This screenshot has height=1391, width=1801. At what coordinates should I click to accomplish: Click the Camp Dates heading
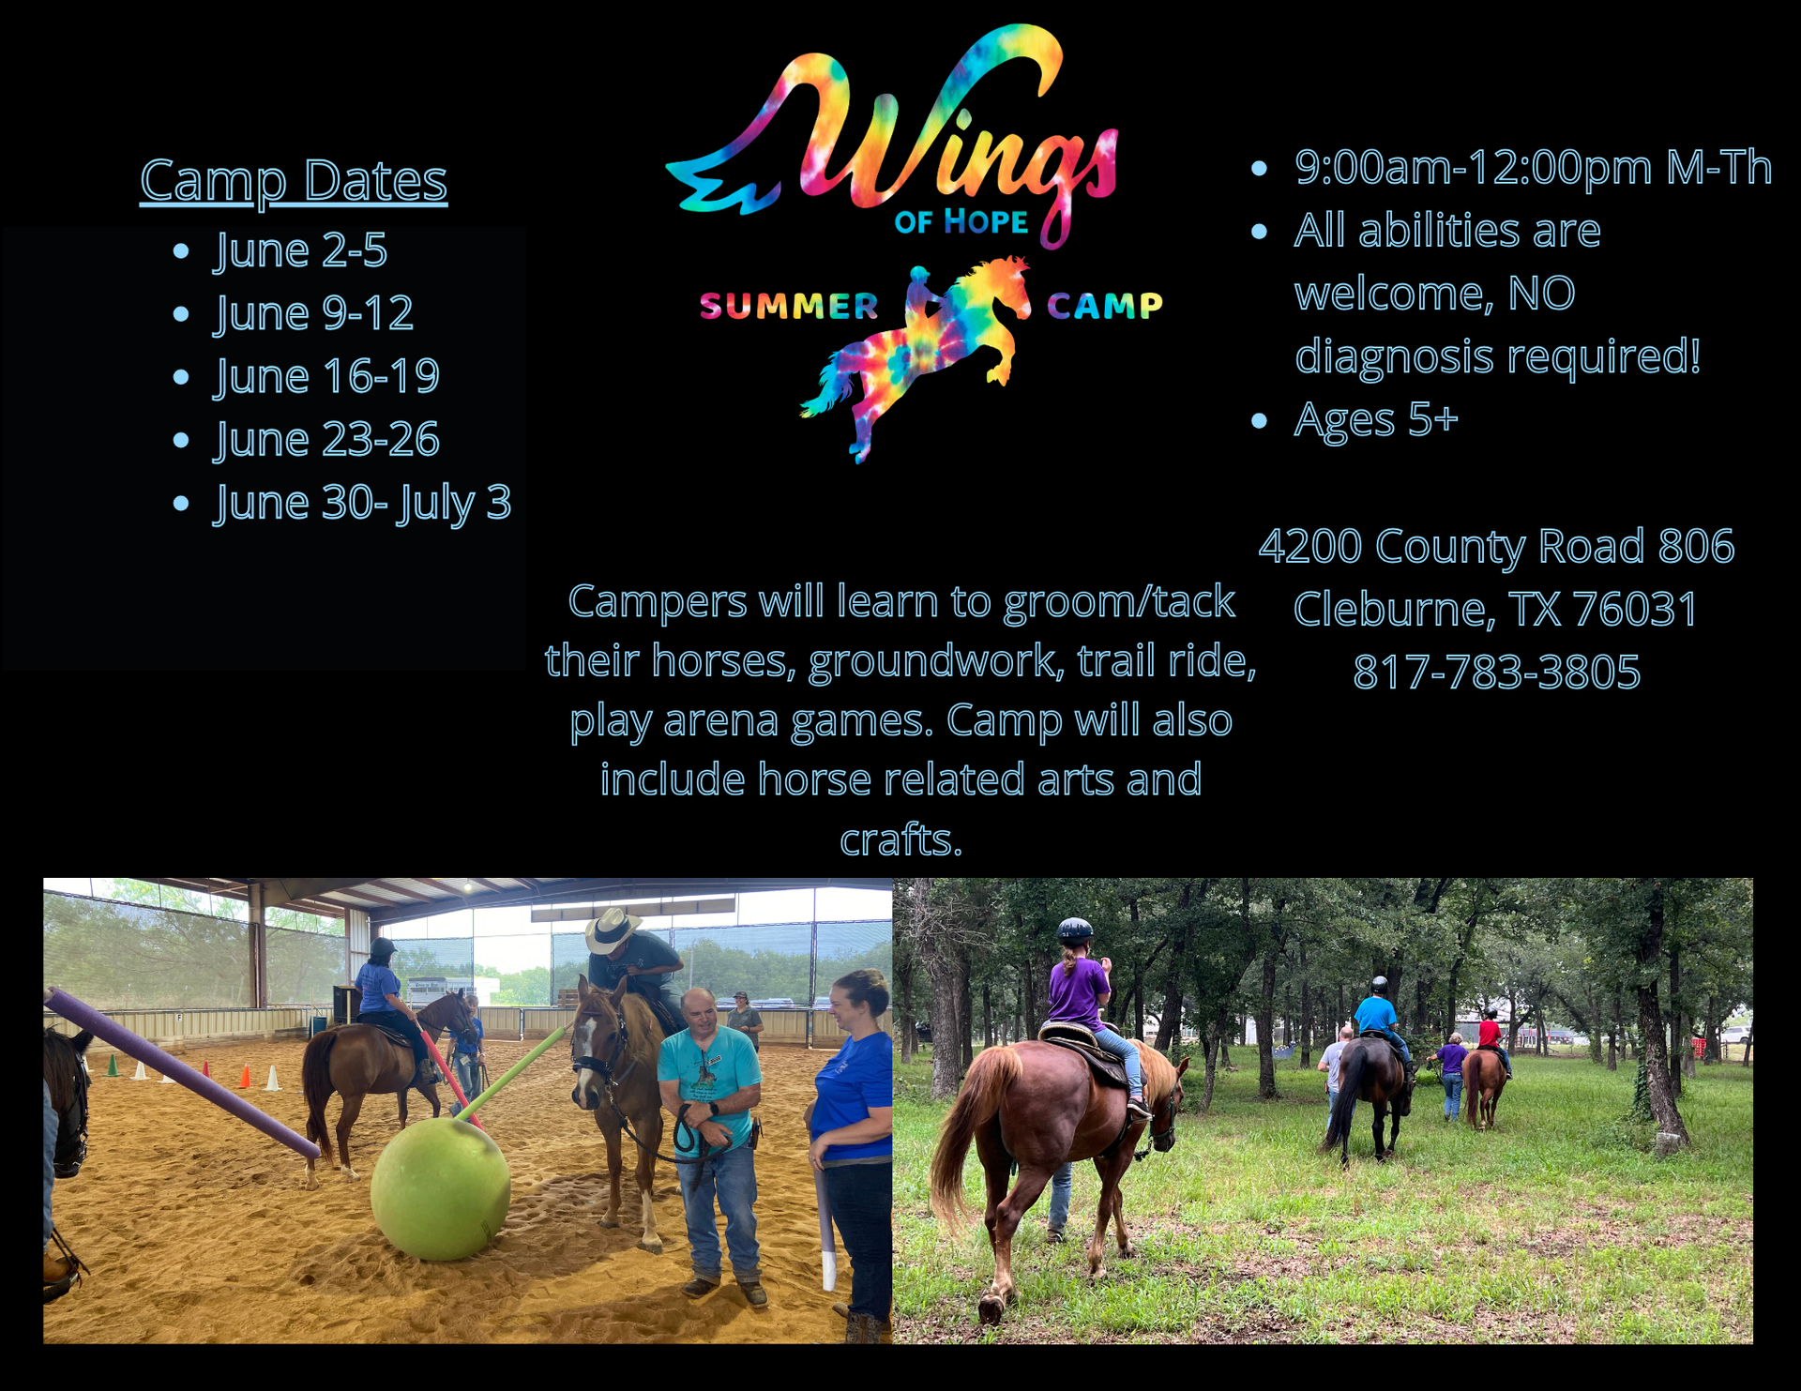[x=294, y=180]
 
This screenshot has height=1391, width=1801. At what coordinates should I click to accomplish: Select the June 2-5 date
[x=300, y=251]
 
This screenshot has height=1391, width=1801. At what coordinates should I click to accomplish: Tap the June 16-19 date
[x=326, y=377]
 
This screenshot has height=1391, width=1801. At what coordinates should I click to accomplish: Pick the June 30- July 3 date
[x=362, y=504]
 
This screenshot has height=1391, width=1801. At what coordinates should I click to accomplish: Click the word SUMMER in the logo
[x=789, y=306]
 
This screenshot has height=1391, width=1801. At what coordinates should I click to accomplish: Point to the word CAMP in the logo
[x=1104, y=306]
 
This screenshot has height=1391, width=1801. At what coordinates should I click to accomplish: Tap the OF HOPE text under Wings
[x=961, y=222]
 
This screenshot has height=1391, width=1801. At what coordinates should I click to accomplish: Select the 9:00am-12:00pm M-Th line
[x=1533, y=168]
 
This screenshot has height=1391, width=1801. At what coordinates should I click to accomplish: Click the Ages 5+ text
[x=1376, y=420]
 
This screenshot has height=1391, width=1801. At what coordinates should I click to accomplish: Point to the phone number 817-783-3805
[x=1496, y=673]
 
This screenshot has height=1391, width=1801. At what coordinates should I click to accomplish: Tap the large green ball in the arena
[x=440, y=1187]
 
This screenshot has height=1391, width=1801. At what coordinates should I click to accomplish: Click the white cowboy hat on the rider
[x=612, y=930]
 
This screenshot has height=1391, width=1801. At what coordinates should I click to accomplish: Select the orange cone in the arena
[x=245, y=1076]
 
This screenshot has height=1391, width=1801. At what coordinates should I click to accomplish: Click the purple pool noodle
[x=183, y=1073]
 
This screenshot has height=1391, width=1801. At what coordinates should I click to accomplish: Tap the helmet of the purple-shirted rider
[x=1075, y=931]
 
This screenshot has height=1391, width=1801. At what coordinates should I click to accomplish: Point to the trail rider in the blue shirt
[x=1379, y=1018]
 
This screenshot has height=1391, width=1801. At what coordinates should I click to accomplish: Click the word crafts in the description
[x=900, y=840]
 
